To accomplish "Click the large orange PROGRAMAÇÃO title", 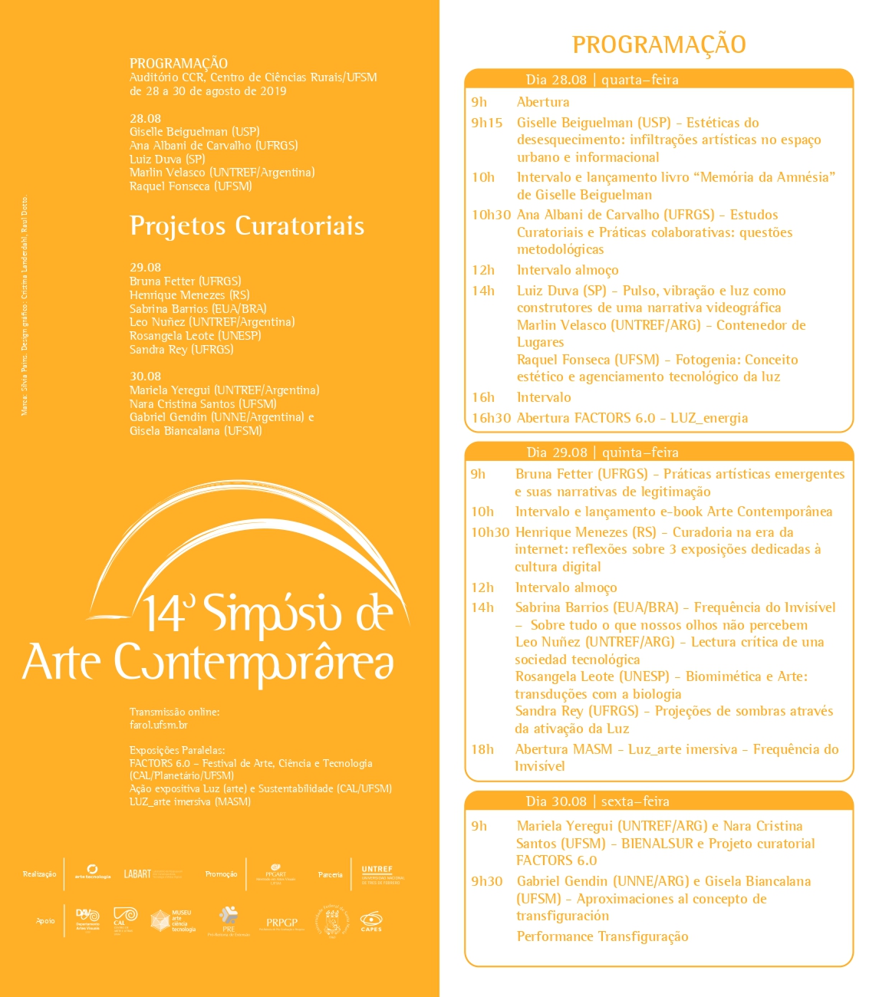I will pyautogui.click(x=659, y=44).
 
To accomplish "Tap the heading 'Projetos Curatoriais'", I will pyautogui.click(x=247, y=225).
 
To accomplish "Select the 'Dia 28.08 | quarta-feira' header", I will pyautogui.click(x=602, y=80).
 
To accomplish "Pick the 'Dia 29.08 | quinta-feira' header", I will pyautogui.click(x=602, y=452).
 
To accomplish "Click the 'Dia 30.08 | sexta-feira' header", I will pyautogui.click(x=598, y=801).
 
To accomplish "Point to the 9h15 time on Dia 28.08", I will pyautogui.click(x=487, y=123).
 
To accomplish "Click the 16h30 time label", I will pyautogui.click(x=491, y=418).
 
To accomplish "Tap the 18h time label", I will pyautogui.click(x=482, y=749).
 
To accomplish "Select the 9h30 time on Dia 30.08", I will pyautogui.click(x=487, y=881).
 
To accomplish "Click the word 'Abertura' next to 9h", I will pyautogui.click(x=543, y=102).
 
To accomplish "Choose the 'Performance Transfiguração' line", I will pyautogui.click(x=602, y=936).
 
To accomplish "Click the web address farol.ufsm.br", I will pyautogui.click(x=159, y=725).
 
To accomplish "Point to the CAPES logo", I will pyautogui.click(x=371, y=920).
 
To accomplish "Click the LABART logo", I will pyautogui.click(x=139, y=874).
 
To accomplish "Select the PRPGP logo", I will pyautogui.click(x=281, y=923).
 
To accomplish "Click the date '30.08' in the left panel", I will pyautogui.click(x=145, y=377).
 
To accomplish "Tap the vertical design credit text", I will pyautogui.click(x=25, y=307).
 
